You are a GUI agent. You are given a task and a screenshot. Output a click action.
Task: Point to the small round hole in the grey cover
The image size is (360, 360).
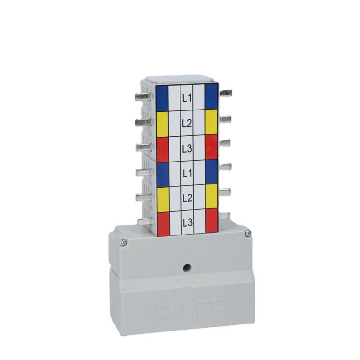pos(187,268)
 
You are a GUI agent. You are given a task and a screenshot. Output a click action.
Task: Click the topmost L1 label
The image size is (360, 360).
pos(187,98)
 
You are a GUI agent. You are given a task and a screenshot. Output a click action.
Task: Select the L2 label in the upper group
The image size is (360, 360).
pos(187,124)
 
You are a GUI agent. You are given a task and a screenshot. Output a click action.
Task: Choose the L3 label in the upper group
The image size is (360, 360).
pos(187,148)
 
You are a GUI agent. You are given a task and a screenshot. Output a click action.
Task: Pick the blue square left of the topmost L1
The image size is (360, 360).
pos(162,97)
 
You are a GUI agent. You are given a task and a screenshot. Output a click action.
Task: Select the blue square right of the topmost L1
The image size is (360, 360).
pos(211,96)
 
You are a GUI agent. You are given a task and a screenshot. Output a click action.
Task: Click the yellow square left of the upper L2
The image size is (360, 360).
pos(162,123)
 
